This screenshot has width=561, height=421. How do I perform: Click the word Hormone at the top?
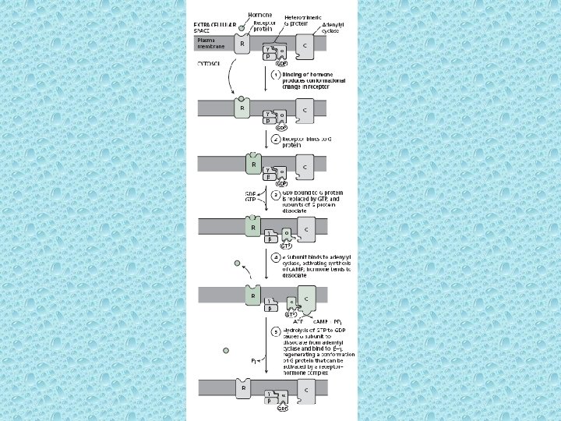(x=260, y=15)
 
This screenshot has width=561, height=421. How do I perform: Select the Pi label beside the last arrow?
(x=255, y=362)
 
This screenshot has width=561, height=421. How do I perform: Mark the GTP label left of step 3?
(x=252, y=200)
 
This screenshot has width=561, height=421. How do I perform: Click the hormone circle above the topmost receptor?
(x=242, y=28)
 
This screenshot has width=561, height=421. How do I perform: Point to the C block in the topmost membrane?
(x=304, y=46)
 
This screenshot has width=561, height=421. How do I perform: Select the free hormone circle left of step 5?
(x=225, y=350)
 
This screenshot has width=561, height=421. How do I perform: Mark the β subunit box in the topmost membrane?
(x=269, y=57)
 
